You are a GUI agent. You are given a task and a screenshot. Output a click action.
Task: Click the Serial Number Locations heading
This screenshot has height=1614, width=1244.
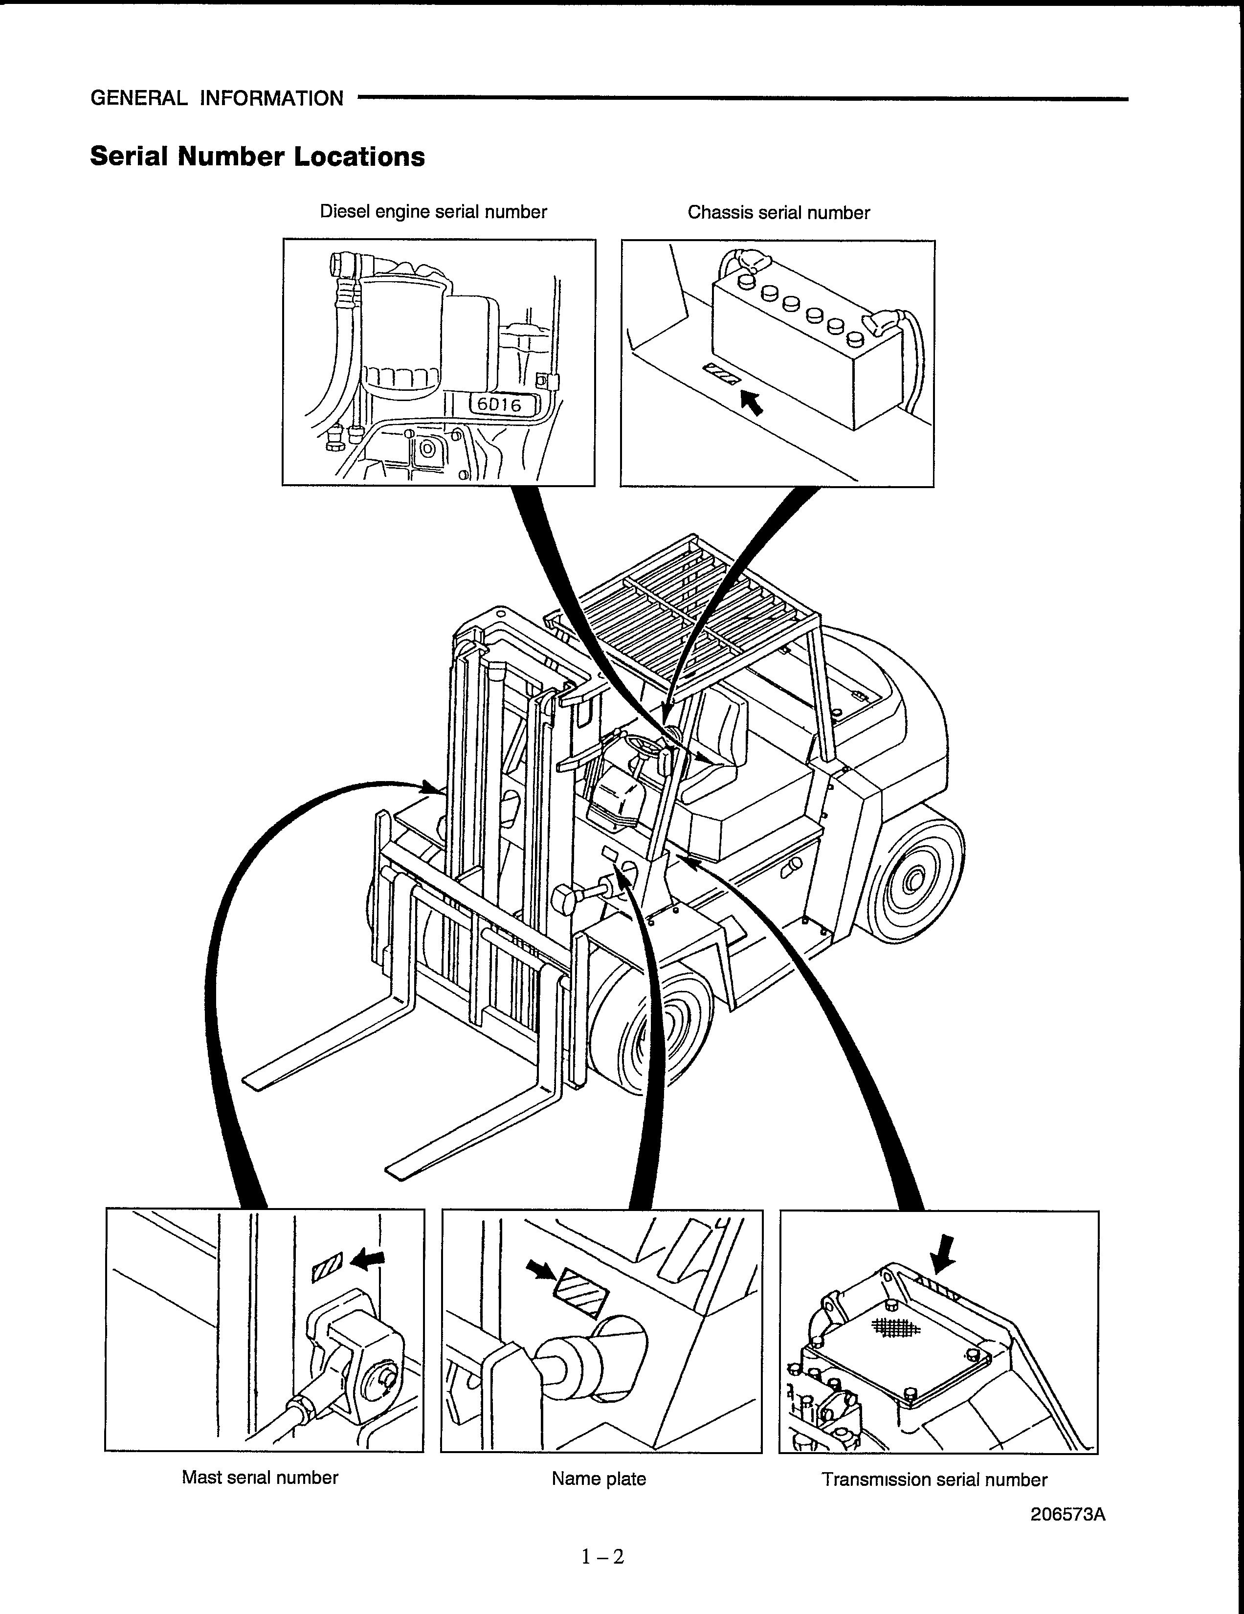click(x=257, y=157)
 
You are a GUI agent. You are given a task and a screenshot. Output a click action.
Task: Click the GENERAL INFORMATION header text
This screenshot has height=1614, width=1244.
click(x=217, y=98)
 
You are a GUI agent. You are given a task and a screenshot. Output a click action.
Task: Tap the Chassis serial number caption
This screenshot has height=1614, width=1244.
click(x=778, y=213)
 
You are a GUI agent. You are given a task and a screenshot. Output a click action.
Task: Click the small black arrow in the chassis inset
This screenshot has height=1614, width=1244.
click(x=752, y=403)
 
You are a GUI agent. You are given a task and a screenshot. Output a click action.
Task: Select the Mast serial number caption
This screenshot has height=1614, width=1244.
click(x=260, y=1477)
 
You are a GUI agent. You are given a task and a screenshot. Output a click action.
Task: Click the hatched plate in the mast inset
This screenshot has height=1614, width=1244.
click(x=328, y=1267)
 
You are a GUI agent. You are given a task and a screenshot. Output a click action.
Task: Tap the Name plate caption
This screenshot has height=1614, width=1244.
click(x=599, y=1479)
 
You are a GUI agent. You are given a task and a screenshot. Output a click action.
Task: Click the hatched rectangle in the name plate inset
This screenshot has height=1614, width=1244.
click(x=581, y=1293)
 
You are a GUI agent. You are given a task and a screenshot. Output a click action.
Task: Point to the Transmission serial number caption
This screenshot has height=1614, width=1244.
click(x=934, y=1479)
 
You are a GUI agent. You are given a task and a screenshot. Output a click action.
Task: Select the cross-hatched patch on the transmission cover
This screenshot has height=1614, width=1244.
click(x=895, y=1327)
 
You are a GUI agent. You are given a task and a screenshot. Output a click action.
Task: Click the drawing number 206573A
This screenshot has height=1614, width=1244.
click(x=1067, y=1514)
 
